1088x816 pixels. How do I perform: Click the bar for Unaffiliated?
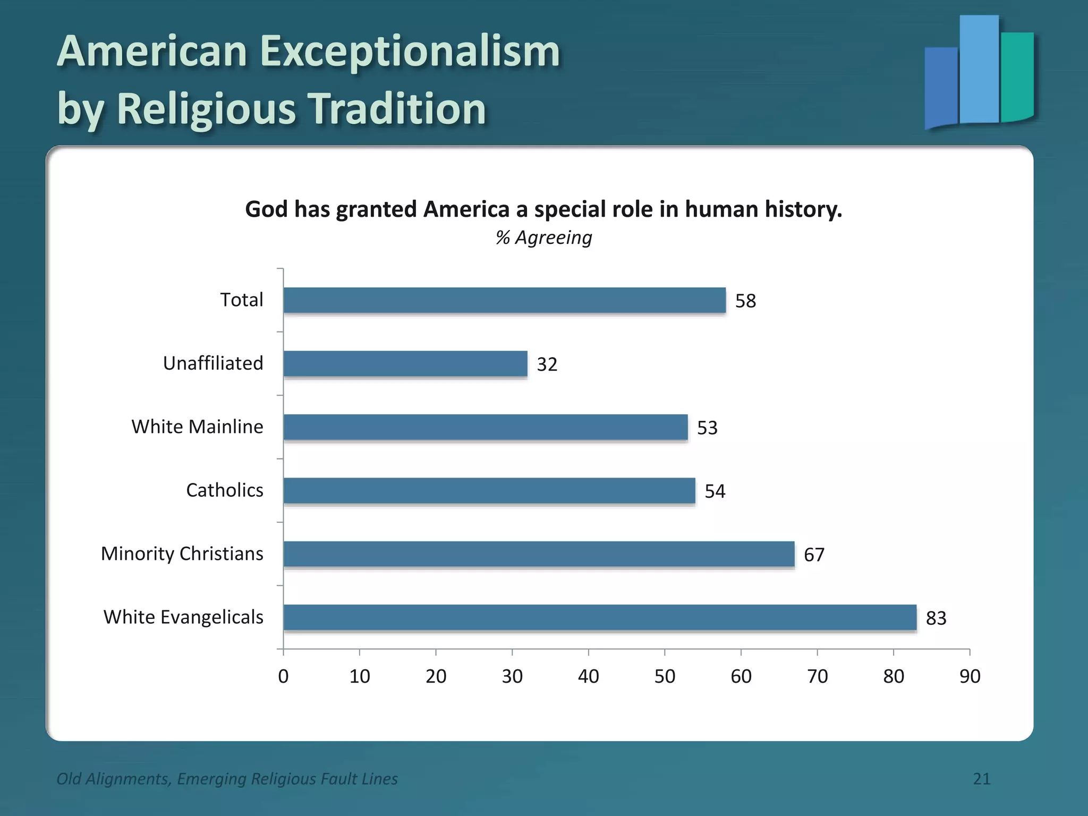pyautogui.click(x=405, y=364)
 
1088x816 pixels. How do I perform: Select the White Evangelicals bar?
pyautogui.click(x=600, y=617)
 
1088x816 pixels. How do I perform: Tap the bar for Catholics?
pyautogui.click(x=489, y=490)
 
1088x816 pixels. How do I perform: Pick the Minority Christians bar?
pyautogui.click(x=539, y=554)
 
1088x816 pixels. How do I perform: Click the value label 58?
pyautogui.click(x=745, y=301)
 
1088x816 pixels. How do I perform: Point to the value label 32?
pyautogui.click(x=547, y=364)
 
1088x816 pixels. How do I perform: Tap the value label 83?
pyautogui.click(x=936, y=618)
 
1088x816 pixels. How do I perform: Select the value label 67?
pyautogui.click(x=814, y=555)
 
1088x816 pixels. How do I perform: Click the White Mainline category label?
pyautogui.click(x=197, y=427)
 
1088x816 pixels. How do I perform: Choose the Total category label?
pyautogui.click(x=242, y=300)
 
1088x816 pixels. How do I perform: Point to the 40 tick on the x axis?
pyautogui.click(x=589, y=676)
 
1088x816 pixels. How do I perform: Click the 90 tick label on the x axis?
pyautogui.click(x=970, y=676)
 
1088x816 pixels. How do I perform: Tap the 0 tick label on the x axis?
pyautogui.click(x=283, y=676)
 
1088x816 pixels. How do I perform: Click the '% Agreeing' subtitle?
pyautogui.click(x=543, y=237)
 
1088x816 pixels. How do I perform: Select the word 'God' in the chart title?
pyautogui.click(x=266, y=209)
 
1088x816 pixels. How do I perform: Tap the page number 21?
pyautogui.click(x=982, y=779)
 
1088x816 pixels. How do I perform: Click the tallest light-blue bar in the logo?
pyautogui.click(x=979, y=69)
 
